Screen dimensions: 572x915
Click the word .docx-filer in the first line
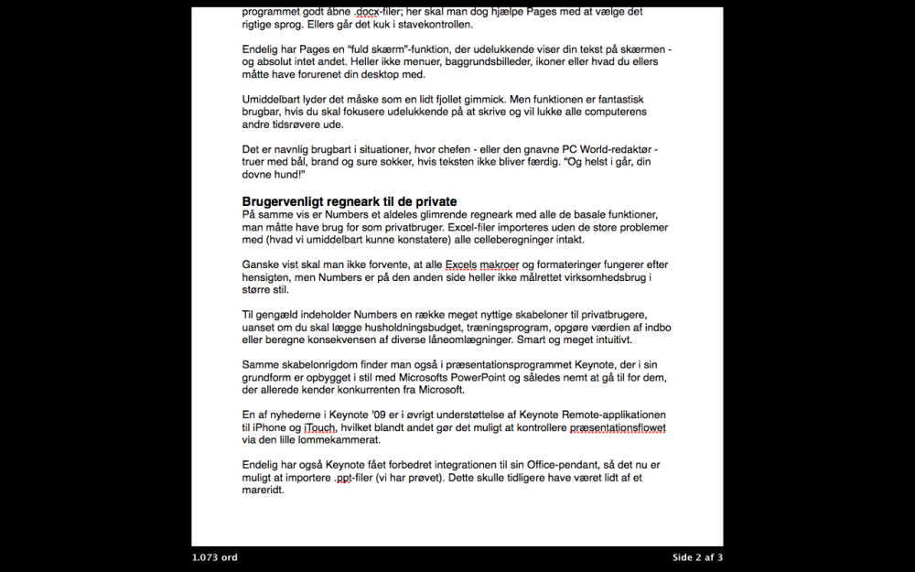pyautogui.click(x=374, y=13)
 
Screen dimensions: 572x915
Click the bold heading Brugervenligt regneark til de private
pyautogui.click(x=350, y=201)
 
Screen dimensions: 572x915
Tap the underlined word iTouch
pyautogui.click(x=321, y=427)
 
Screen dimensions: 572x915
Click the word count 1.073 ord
pyautogui.click(x=215, y=557)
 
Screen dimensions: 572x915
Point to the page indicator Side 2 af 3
pyautogui.click(x=697, y=557)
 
